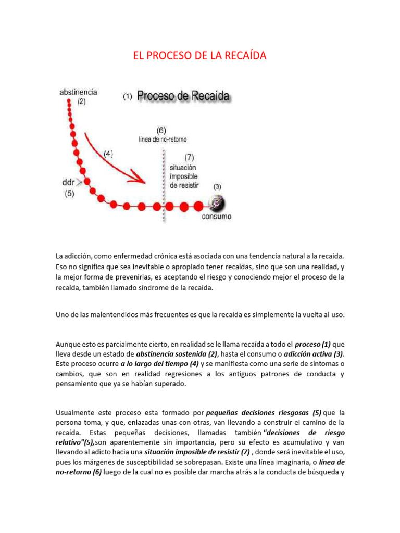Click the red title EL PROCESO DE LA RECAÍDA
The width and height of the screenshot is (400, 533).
(200, 55)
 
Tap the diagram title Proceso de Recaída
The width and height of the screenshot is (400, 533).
(184, 96)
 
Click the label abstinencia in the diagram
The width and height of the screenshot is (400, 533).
(78, 92)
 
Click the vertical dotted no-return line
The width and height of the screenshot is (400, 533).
(165, 185)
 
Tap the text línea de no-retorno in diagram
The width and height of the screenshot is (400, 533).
(162, 139)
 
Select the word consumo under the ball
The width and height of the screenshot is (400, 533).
(217, 217)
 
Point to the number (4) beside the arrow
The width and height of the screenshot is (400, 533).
(108, 154)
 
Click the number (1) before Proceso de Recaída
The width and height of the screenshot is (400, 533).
(127, 97)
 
